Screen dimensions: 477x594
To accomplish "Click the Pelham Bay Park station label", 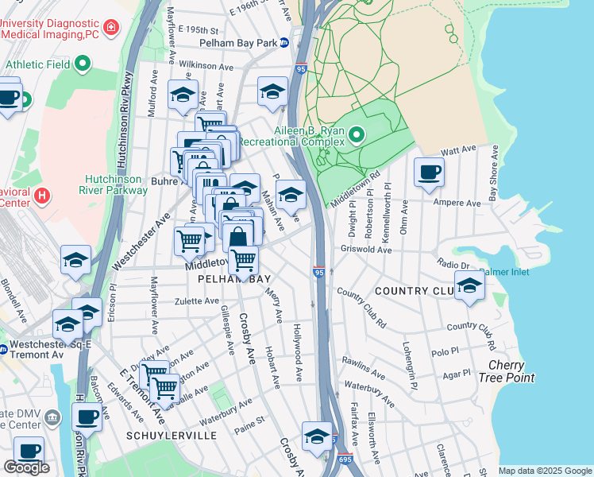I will click(x=238, y=41).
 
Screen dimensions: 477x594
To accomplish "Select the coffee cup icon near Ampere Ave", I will click(x=430, y=172).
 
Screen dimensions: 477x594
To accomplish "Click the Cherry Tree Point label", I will click(x=511, y=371).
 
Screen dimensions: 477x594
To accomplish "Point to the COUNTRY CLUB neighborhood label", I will click(x=413, y=291).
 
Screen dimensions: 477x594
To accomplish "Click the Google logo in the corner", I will click(x=26, y=467).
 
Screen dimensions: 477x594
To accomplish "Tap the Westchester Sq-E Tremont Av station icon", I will click(x=4, y=348).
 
